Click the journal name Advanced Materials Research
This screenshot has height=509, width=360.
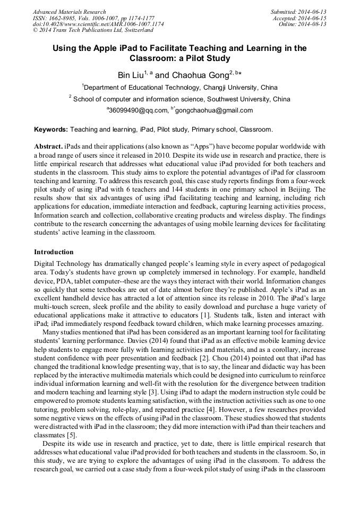[69, 12]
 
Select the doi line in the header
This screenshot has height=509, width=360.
[98, 24]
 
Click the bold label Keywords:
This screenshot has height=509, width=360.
[51, 129]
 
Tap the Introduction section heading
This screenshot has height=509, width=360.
[54, 252]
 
